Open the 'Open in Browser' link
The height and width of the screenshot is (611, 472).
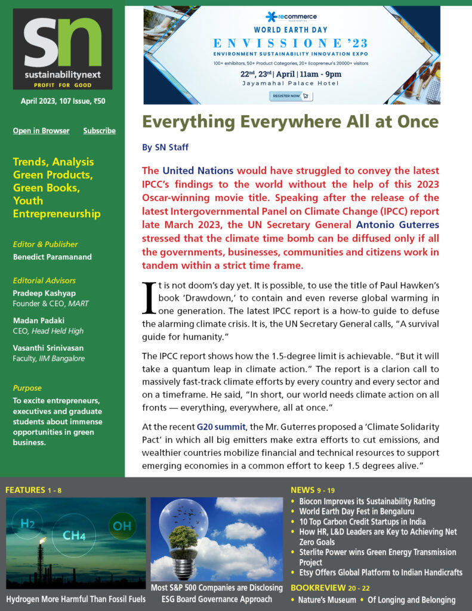click(41, 131)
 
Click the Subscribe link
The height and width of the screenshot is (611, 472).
click(99, 131)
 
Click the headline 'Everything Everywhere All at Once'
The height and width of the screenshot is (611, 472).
click(290, 122)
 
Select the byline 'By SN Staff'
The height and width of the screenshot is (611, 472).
click(166, 147)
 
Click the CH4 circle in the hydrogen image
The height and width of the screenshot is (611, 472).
click(74, 535)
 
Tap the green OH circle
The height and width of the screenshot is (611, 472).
click(122, 526)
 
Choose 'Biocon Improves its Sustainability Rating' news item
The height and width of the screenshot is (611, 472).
click(367, 501)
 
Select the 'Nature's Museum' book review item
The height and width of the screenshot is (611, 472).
click(328, 600)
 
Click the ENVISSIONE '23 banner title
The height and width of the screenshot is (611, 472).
click(291, 44)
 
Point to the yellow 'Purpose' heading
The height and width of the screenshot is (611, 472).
click(27, 388)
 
